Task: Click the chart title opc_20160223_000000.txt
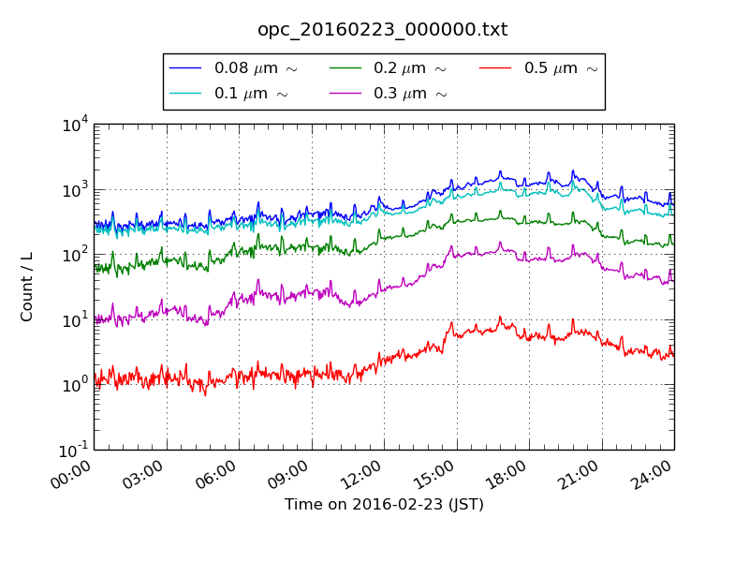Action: pyautogui.click(x=383, y=30)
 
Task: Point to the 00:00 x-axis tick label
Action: pyautogui.click(x=71, y=469)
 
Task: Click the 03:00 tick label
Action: pyautogui.click(x=143, y=469)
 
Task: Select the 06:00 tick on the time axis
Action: pyautogui.click(x=216, y=469)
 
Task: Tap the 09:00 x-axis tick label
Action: pyautogui.click(x=288, y=469)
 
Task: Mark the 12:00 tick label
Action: pyautogui.click(x=361, y=469)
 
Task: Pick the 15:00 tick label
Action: pyautogui.click(x=433, y=469)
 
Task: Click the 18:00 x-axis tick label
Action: pyautogui.click(x=507, y=469)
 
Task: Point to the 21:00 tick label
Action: pyautogui.click(x=579, y=469)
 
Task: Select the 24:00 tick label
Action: pyautogui.click(x=652, y=469)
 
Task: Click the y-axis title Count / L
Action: pyautogui.click(x=27, y=287)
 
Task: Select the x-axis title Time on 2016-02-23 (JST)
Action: pyautogui.click(x=384, y=505)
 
